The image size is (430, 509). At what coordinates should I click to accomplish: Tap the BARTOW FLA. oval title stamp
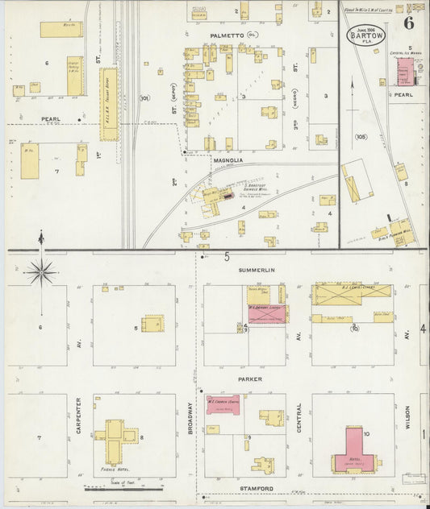click(x=367, y=35)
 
